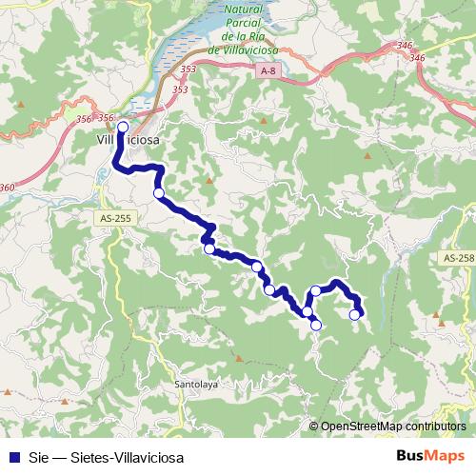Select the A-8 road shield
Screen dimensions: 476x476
(x=268, y=70)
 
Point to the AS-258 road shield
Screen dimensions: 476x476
(x=458, y=258)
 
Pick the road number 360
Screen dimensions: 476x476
(x=8, y=188)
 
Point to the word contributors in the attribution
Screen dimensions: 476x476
(x=434, y=426)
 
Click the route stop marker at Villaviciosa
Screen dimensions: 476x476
(x=123, y=126)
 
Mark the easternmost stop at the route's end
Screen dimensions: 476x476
(x=355, y=314)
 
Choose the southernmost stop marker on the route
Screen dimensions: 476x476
(x=316, y=326)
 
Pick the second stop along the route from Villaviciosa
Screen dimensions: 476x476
(x=159, y=193)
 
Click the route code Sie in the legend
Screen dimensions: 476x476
(x=39, y=457)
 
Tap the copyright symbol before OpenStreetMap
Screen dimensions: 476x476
(x=314, y=426)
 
